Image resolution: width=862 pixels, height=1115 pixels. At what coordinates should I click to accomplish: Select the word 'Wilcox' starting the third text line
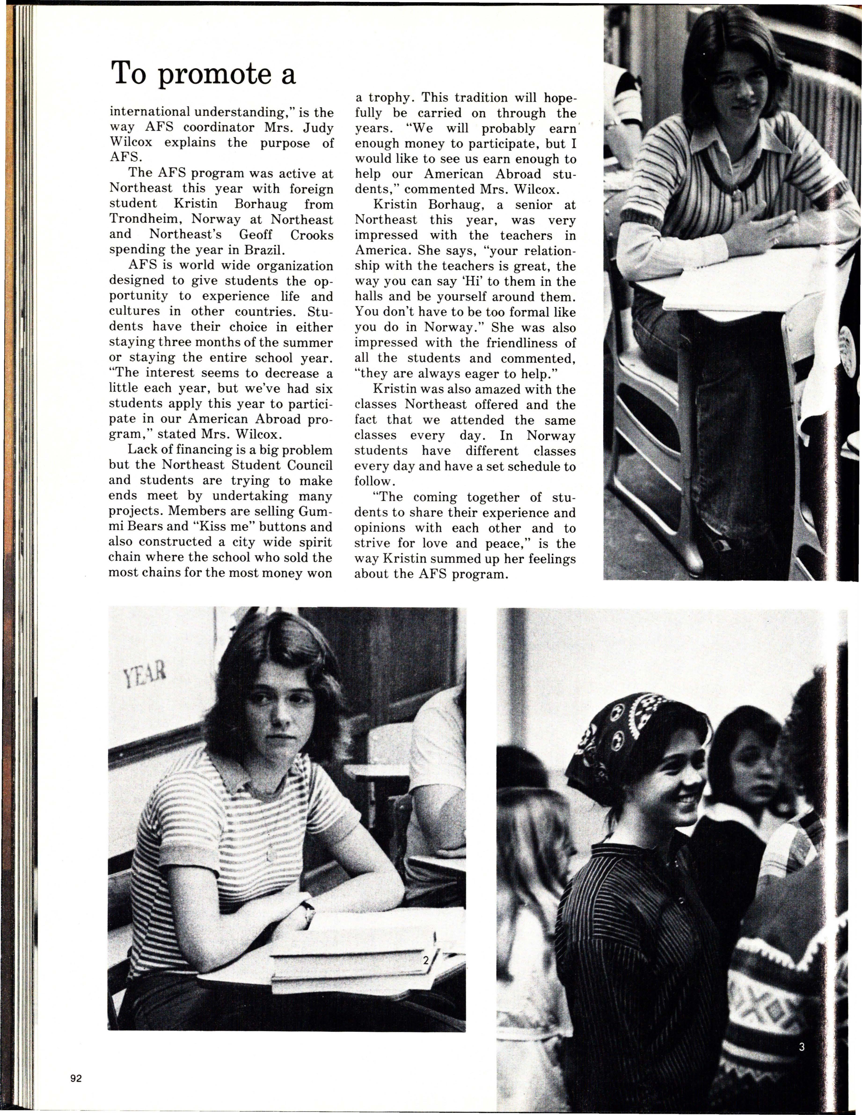click(x=131, y=143)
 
